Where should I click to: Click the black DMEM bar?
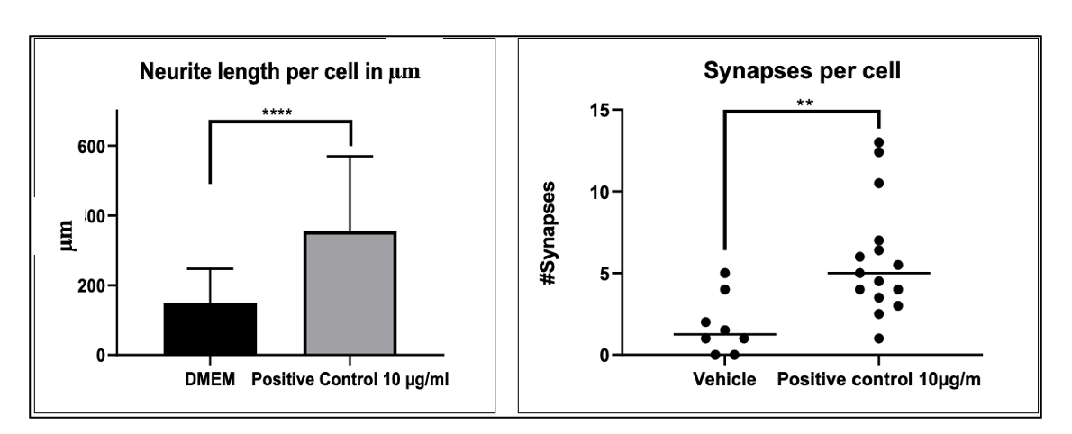[210, 330]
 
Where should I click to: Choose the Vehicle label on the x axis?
[724, 379]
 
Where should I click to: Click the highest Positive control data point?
[878, 142]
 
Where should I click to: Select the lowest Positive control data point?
[878, 339]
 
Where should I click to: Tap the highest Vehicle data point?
[724, 273]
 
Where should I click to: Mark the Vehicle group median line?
[724, 334]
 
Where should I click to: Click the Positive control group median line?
[878, 273]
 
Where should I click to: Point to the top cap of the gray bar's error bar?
[350, 156]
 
